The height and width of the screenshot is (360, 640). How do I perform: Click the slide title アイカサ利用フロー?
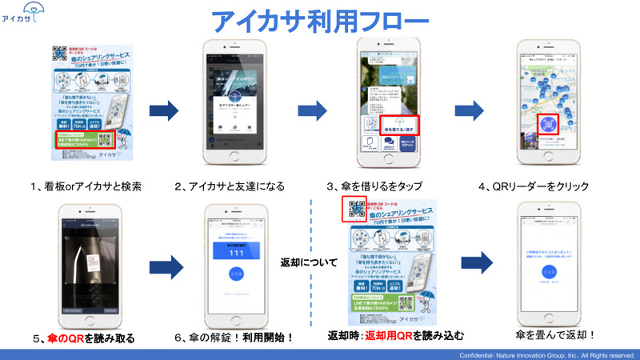pyautogui.click(x=320, y=20)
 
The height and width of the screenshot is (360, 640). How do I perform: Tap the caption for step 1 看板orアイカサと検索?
pyautogui.click(x=86, y=187)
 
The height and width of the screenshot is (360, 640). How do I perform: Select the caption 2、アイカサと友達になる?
pyautogui.click(x=230, y=187)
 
